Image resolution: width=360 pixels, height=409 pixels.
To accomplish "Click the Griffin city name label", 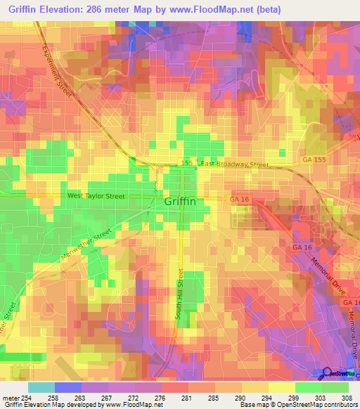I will (180, 201).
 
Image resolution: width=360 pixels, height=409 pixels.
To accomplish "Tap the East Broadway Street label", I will (235, 164).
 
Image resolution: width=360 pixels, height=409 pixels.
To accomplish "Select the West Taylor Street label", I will (96, 196).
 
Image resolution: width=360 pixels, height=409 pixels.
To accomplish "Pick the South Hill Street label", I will (181, 296).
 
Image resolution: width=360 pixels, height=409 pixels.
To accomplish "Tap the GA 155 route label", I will (315, 160).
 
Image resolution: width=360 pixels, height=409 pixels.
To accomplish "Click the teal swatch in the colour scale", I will (41, 387).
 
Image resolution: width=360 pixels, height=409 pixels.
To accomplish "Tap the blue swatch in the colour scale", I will (67, 387).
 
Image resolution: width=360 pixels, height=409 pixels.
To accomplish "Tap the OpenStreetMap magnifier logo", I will (326, 372).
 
